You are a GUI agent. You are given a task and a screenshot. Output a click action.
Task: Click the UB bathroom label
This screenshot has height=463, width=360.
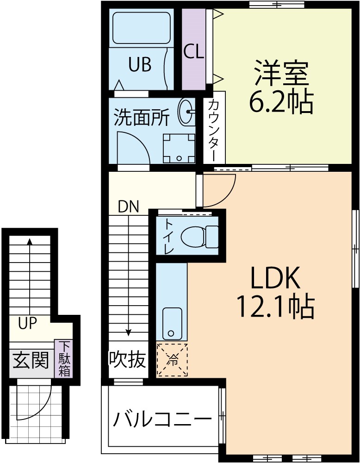point(139,65)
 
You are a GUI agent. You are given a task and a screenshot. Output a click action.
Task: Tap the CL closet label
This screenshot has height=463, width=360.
point(193,52)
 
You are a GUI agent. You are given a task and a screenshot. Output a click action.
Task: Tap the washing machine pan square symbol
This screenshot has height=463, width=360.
point(179,148)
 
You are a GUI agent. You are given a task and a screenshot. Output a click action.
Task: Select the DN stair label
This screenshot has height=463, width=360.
point(128,207)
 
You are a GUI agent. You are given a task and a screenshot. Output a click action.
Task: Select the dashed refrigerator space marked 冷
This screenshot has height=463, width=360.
point(172,360)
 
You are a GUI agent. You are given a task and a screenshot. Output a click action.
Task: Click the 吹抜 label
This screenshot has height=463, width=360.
point(128,359)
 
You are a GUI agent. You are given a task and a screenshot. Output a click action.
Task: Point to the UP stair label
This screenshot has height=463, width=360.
point(27,323)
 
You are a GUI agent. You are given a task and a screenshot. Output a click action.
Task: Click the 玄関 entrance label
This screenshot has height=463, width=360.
point(31,360)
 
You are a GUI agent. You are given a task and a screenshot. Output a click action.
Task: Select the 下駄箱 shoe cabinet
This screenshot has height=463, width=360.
point(64,359)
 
